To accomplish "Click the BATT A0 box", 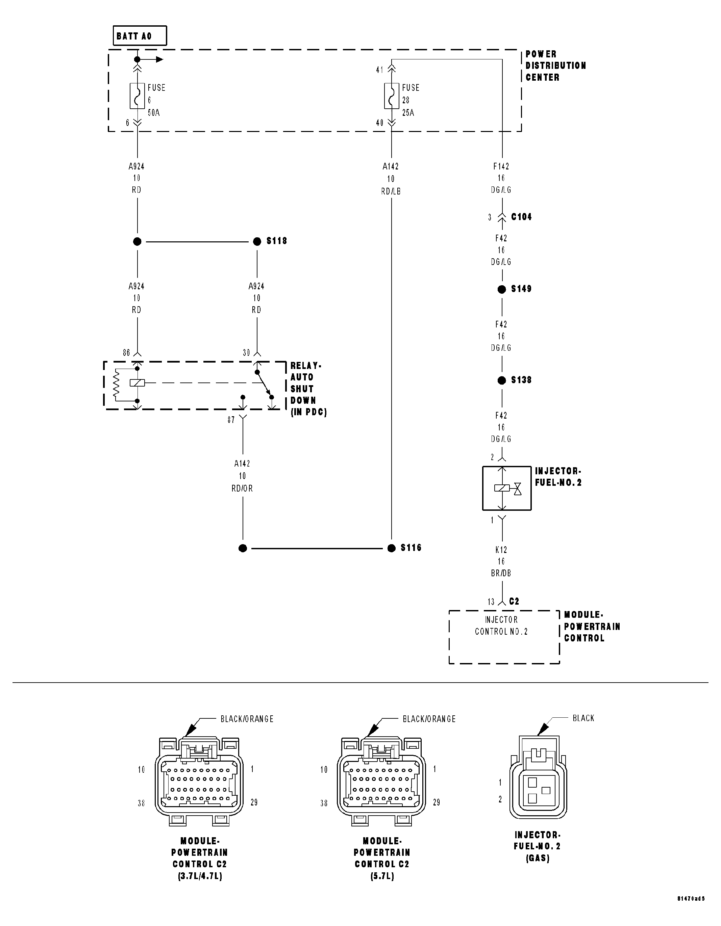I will point(139,36).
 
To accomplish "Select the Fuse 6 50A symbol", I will point(137,96).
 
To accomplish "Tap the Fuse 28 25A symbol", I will point(391,96).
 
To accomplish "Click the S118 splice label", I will point(277,241).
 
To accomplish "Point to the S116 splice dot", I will point(391,548).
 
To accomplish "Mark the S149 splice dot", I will point(502,290).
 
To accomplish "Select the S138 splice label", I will point(521,380).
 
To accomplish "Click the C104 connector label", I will point(521,217).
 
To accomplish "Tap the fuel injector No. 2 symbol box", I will point(507,488).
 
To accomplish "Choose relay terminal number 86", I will point(126,353).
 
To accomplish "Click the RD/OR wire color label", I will point(242,488).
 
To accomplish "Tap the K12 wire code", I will point(501,550).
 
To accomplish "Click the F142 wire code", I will point(501,167).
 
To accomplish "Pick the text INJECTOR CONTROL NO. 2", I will point(501,626).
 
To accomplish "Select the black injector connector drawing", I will point(538,778).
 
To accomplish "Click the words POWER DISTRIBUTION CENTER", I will point(555,66).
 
